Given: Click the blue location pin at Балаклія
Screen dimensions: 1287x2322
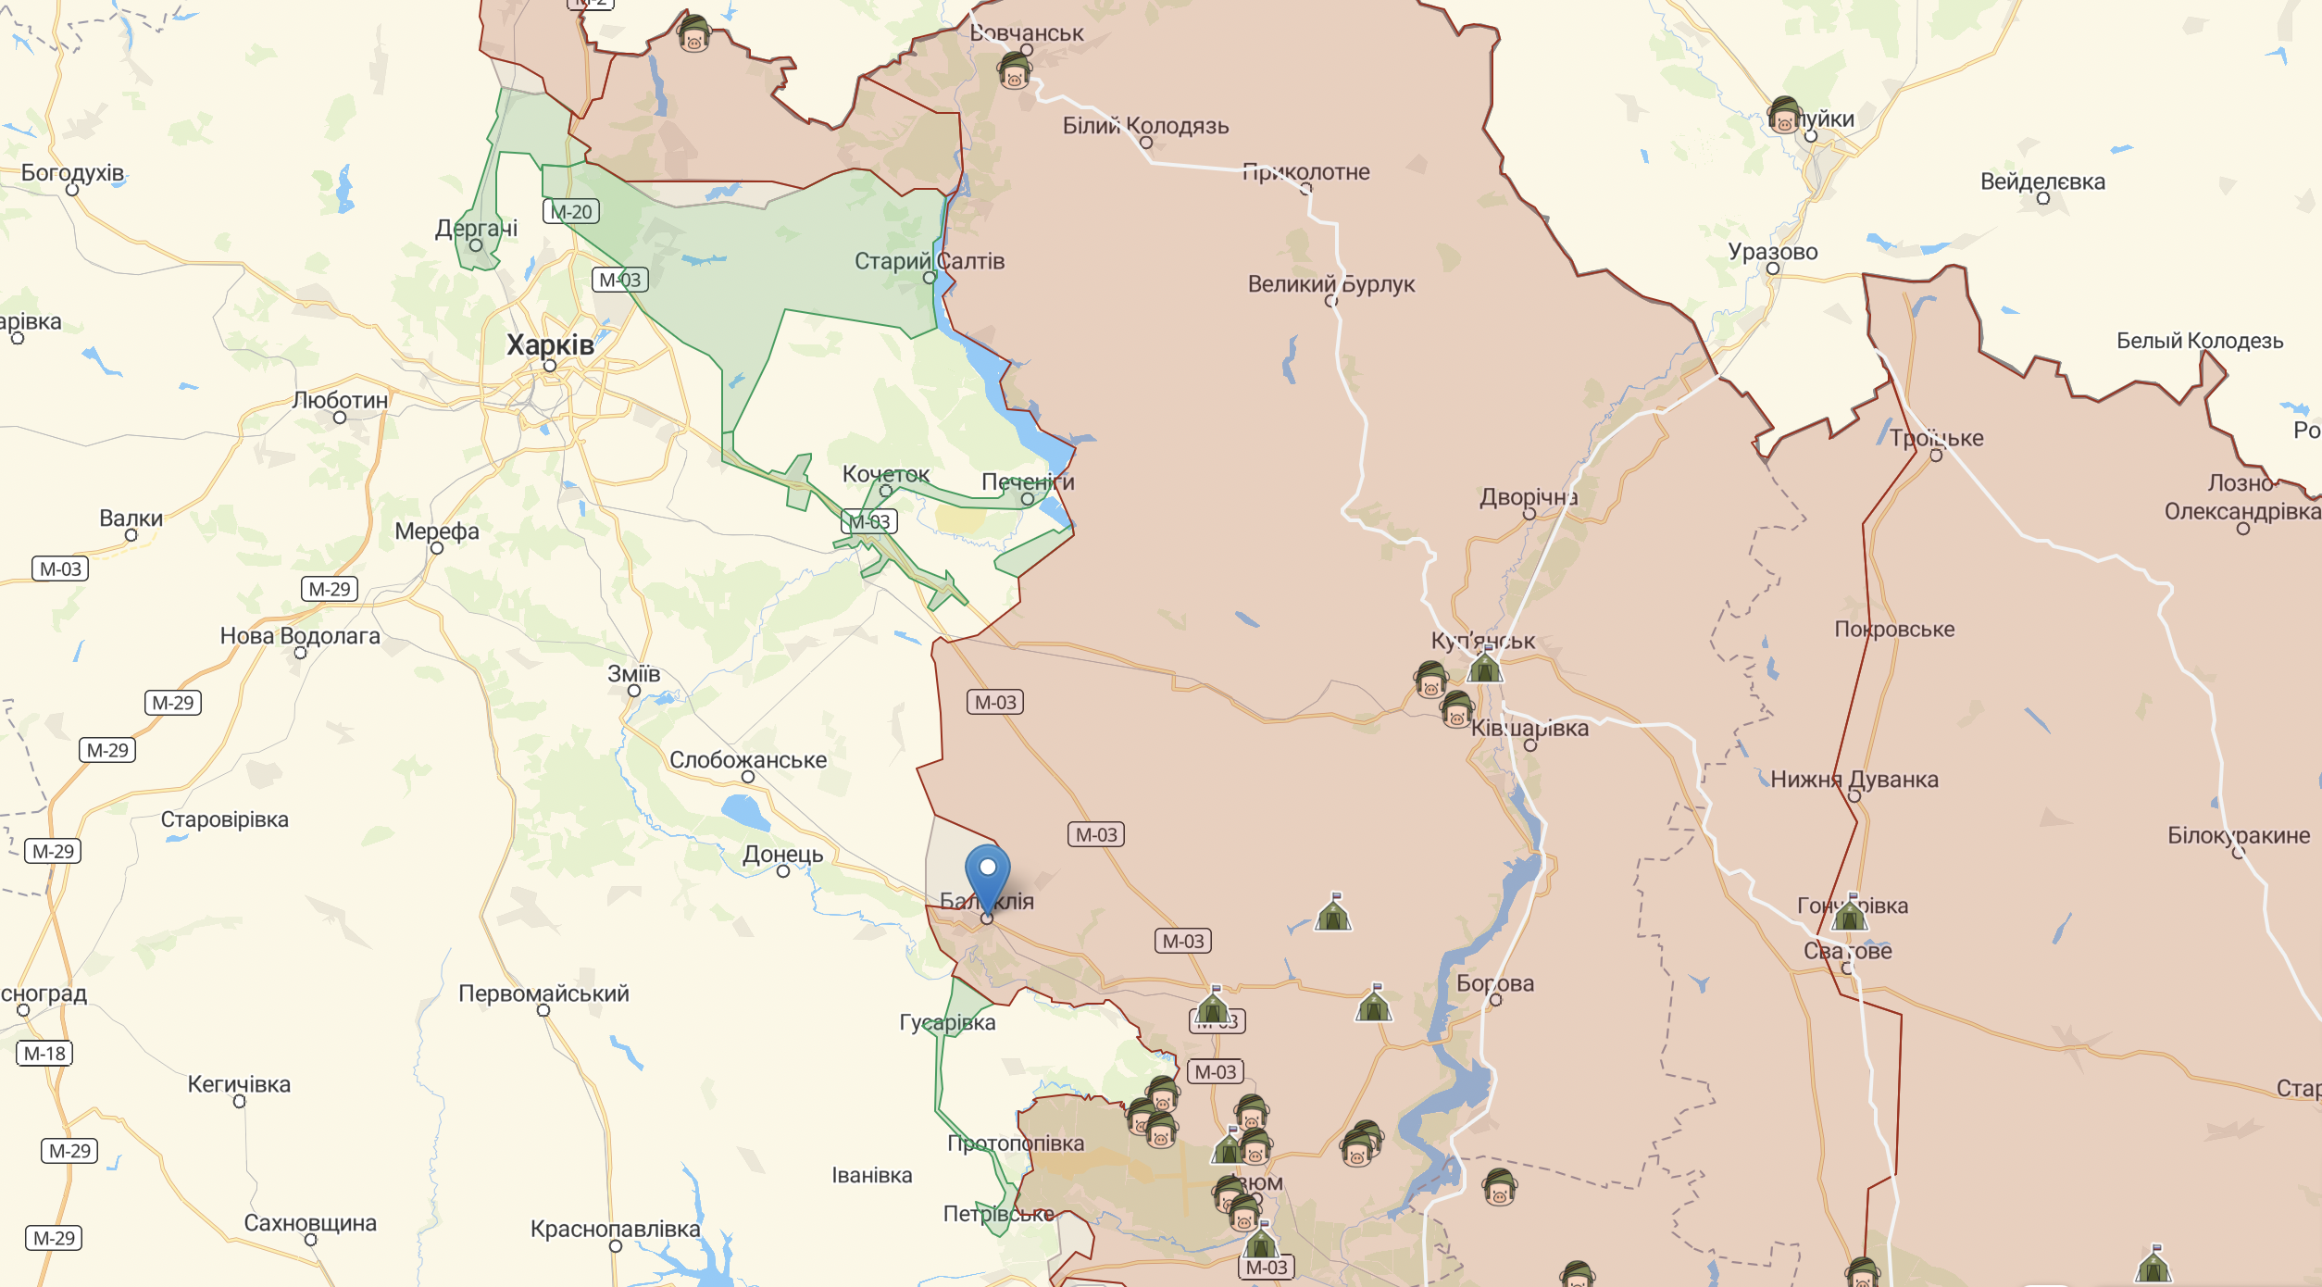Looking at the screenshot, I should [x=987, y=872].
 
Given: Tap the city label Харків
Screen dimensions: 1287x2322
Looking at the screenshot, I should [x=550, y=345].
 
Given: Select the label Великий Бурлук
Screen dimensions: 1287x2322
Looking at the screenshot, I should [x=1330, y=284].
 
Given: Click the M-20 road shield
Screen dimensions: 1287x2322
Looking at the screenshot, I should [x=571, y=212].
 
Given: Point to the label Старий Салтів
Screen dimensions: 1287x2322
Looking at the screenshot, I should [x=929, y=261].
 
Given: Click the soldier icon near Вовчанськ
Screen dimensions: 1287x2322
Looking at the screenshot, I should [x=1015, y=70].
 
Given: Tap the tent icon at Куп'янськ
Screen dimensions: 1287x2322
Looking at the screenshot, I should [x=1485, y=667].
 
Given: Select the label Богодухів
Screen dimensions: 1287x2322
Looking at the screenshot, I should [x=72, y=173].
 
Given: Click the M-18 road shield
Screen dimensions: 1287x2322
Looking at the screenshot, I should [x=44, y=1054].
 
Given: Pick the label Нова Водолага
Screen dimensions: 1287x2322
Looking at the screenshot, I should [x=300, y=636].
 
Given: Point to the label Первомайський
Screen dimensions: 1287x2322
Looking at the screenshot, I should [x=543, y=993].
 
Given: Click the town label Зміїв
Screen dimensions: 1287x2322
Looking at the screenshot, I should [x=633, y=674].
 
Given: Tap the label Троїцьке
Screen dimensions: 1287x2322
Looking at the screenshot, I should [x=1936, y=438].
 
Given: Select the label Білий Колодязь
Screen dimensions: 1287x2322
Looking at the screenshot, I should [x=1145, y=126].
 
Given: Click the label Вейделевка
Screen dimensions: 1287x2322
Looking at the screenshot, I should [x=2042, y=181].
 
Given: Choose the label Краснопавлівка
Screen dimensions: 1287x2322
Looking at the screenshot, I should [x=615, y=1229].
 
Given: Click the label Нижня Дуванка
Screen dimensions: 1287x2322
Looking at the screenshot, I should [x=1854, y=780].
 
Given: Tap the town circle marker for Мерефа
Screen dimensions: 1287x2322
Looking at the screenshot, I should [x=437, y=548].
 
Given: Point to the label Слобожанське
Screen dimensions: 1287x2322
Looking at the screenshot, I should [x=748, y=760].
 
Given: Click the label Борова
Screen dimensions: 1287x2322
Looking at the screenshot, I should [x=1494, y=983].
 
